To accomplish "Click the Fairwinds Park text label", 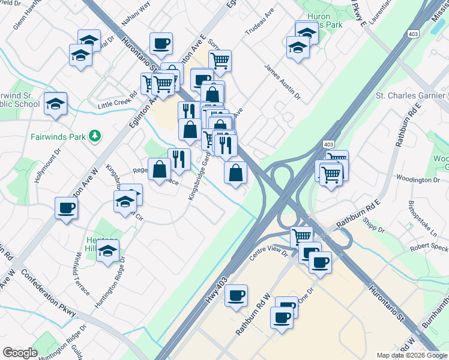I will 58,136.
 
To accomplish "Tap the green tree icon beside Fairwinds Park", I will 94,136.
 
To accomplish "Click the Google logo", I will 19,353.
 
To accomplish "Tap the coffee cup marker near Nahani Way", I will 161,43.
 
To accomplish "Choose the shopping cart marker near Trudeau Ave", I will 220,60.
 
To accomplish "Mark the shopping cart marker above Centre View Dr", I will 301,236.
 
